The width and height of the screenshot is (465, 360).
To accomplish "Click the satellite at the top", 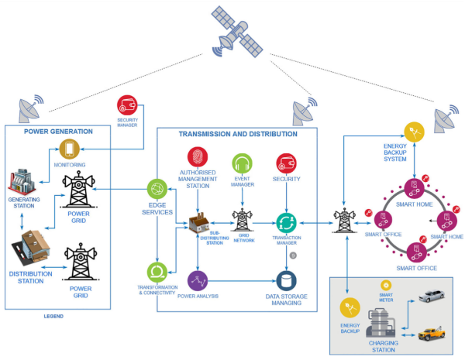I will click(232, 30).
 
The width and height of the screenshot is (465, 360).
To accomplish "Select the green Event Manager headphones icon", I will click(240, 164).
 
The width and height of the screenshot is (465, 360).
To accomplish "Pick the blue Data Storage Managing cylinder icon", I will click(288, 279).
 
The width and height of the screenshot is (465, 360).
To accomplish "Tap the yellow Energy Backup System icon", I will click(417, 132).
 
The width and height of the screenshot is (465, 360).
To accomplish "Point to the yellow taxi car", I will click(432, 334).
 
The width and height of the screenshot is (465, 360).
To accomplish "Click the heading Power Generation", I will click(58, 131).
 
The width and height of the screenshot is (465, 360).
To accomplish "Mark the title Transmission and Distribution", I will click(238, 134).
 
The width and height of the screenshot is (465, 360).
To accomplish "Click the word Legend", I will click(55, 317).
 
